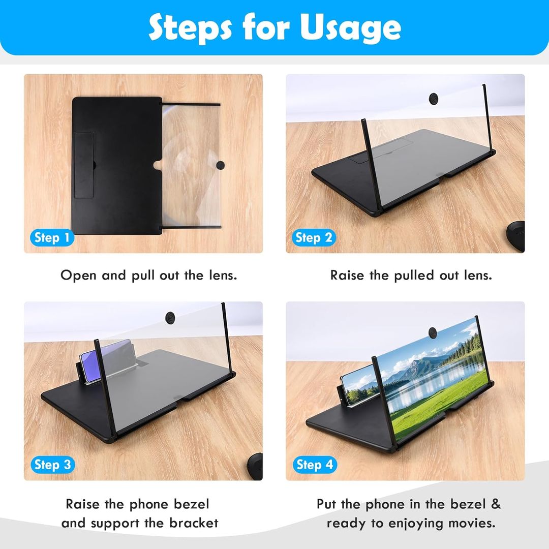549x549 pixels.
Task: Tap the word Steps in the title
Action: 190,28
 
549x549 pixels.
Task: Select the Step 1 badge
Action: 52,238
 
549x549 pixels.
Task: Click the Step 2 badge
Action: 314,238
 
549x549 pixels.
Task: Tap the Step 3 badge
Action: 52,465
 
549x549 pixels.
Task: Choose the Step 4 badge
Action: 315,465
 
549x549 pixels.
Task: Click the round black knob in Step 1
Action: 220,165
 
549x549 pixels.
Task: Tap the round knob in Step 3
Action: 170,317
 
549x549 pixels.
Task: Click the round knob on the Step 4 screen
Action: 433,332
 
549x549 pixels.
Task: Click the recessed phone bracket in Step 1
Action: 84,165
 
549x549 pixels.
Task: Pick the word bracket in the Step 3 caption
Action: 194,523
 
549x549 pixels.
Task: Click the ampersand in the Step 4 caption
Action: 496,504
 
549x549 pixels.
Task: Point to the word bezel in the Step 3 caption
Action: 192,504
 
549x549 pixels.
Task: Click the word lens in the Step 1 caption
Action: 223,275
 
